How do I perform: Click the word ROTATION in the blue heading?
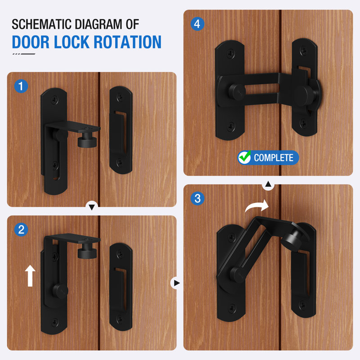click(x=127, y=42)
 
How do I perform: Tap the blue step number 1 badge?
click(x=21, y=86)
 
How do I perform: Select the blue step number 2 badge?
click(x=21, y=229)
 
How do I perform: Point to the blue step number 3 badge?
click(x=198, y=198)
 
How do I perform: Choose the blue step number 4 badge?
click(x=198, y=24)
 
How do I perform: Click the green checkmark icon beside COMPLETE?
click(x=244, y=157)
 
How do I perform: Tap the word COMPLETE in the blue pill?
click(x=274, y=158)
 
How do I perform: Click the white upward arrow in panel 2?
click(x=30, y=276)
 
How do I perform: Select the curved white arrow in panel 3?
click(x=256, y=207)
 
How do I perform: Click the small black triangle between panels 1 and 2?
click(x=92, y=207)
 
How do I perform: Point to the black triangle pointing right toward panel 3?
click(x=176, y=283)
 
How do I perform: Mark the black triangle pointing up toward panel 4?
click(x=268, y=184)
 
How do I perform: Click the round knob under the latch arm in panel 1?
click(x=87, y=140)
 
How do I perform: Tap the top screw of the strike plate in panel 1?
click(x=120, y=97)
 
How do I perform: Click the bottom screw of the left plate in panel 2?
click(x=54, y=322)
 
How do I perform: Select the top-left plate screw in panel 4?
click(x=231, y=54)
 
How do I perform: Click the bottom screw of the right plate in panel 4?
click(x=303, y=123)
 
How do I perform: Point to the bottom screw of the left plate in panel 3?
click(x=232, y=308)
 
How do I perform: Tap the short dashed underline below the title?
click(x=24, y=54)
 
